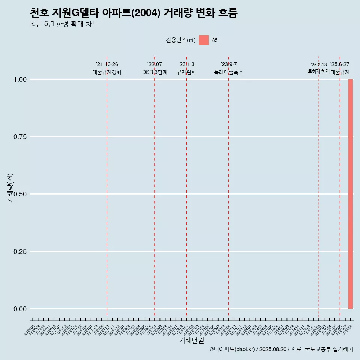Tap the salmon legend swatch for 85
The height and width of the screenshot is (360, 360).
coord(204,40)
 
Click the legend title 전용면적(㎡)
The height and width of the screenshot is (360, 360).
coord(181,40)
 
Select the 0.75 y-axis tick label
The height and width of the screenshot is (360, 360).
coord(20,137)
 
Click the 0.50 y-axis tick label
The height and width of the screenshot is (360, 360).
coord(20,194)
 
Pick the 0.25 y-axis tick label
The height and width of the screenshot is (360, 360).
coord(20,252)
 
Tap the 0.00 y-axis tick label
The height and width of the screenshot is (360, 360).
coord(20,309)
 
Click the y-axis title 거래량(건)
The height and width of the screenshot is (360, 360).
coord(10,187)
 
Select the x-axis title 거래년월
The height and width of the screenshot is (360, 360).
coord(192,340)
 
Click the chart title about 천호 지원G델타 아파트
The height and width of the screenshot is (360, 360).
coord(133,13)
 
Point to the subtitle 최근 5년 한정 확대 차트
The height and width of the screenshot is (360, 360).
coord(64,24)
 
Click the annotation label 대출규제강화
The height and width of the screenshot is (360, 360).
coord(107,72)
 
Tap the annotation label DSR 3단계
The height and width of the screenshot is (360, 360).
coord(154,72)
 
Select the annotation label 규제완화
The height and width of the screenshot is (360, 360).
coord(186,72)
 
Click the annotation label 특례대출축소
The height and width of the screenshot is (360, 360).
coord(229,72)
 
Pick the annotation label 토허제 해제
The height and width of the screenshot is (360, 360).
coord(319,71)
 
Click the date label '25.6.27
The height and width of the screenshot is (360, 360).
coord(340,64)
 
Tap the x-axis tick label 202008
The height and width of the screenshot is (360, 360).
coord(29,330)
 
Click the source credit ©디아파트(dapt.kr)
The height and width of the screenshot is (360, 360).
coord(232,349)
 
